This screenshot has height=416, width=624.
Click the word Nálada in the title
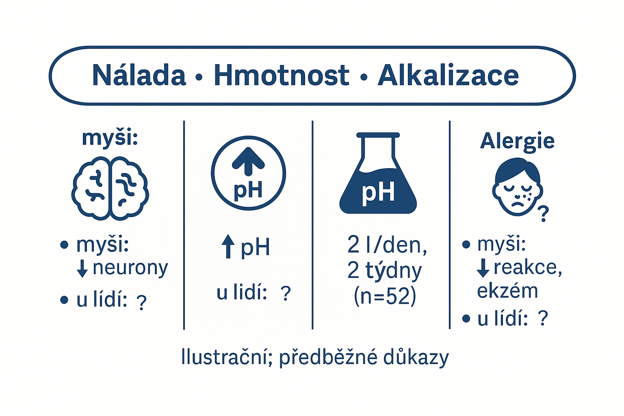click(139, 75)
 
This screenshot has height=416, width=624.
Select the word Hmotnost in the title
click(282, 75)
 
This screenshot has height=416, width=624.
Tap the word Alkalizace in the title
click(448, 75)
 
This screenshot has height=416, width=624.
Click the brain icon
click(110, 188)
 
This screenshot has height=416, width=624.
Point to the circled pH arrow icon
click(248, 173)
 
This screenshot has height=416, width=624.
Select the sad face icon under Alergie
click(517, 187)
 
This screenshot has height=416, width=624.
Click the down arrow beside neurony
click(82, 268)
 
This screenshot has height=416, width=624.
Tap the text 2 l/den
click(387, 245)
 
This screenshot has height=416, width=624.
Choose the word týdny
click(394, 271)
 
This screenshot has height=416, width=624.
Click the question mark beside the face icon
click(543, 214)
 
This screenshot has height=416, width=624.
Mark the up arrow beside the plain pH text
click(228, 246)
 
